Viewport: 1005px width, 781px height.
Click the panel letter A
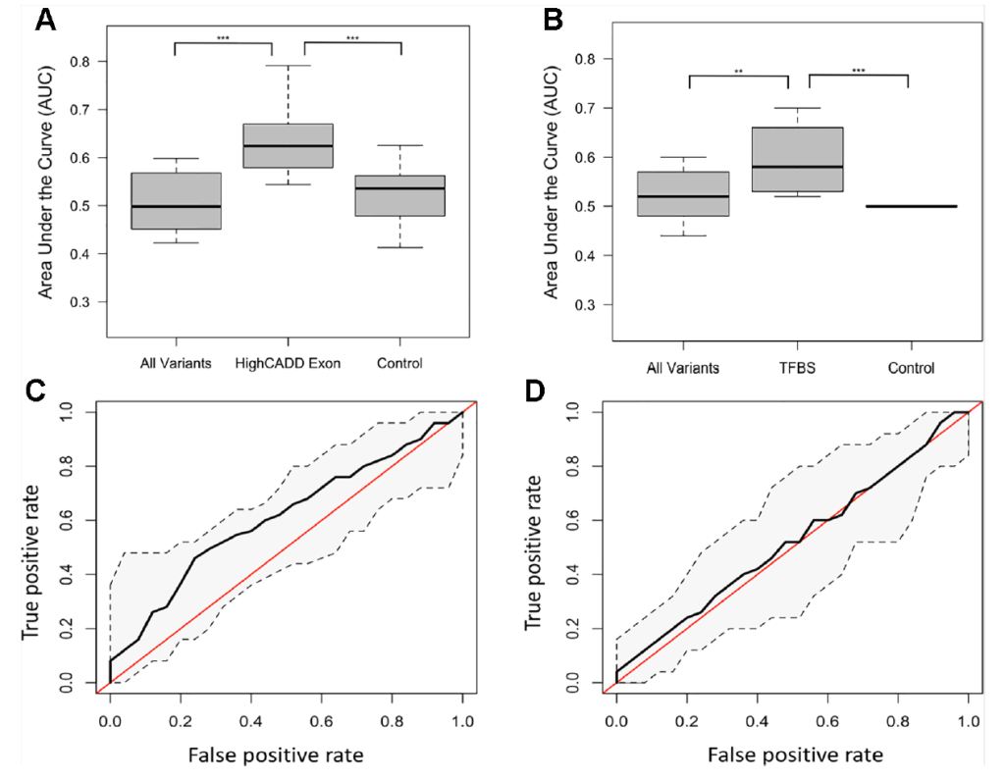click(45, 20)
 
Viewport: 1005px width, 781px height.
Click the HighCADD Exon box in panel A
click(289, 146)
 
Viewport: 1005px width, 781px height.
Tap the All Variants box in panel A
click(177, 201)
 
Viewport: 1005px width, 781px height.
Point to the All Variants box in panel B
click(684, 194)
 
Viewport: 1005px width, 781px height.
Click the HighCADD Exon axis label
click(288, 364)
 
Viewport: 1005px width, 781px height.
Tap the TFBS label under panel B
click(798, 369)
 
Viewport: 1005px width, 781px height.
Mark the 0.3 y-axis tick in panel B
click(586, 305)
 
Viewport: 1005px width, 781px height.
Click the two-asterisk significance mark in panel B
click(738, 72)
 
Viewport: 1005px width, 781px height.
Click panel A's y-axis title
click(46, 186)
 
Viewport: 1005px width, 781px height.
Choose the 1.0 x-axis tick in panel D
click(969, 722)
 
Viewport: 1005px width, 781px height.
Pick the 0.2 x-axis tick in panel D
click(687, 722)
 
